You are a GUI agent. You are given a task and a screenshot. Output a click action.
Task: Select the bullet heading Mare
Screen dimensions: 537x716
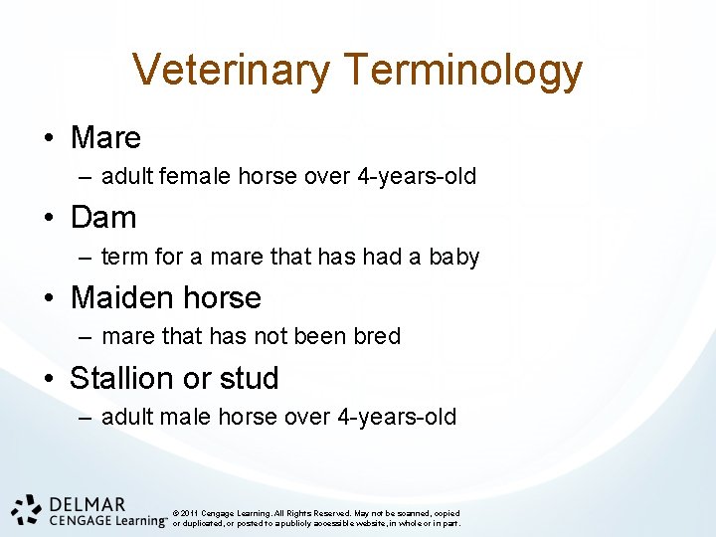click(x=105, y=137)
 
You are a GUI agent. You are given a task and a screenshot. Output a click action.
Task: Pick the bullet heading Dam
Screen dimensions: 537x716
click(x=103, y=217)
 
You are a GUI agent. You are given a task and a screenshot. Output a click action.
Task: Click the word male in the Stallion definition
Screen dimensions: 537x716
click(x=184, y=417)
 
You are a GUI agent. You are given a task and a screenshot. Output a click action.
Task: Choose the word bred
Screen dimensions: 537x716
click(x=377, y=336)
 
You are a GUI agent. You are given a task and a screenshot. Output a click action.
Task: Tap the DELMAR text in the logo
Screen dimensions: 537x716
click(x=87, y=504)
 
